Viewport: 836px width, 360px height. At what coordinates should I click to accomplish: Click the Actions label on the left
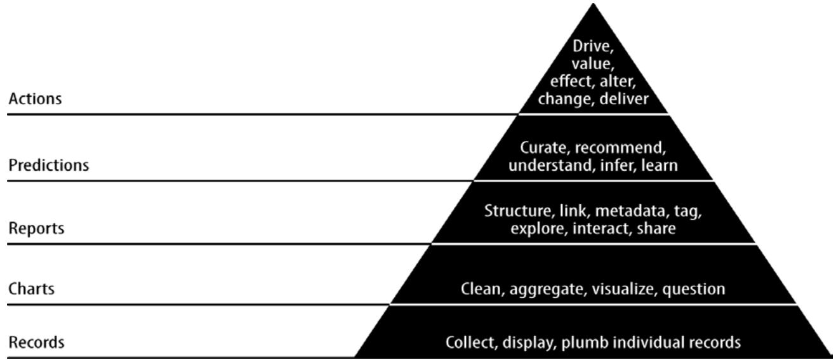(35, 99)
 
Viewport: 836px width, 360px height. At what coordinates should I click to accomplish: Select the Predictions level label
(48, 166)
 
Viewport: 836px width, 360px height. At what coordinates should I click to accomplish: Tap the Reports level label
(36, 228)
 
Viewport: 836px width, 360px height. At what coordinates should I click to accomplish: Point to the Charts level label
(31, 289)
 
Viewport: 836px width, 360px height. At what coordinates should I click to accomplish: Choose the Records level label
(36, 343)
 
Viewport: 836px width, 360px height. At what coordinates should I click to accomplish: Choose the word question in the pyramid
(694, 290)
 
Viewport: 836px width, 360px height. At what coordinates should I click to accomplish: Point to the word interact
(602, 228)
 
